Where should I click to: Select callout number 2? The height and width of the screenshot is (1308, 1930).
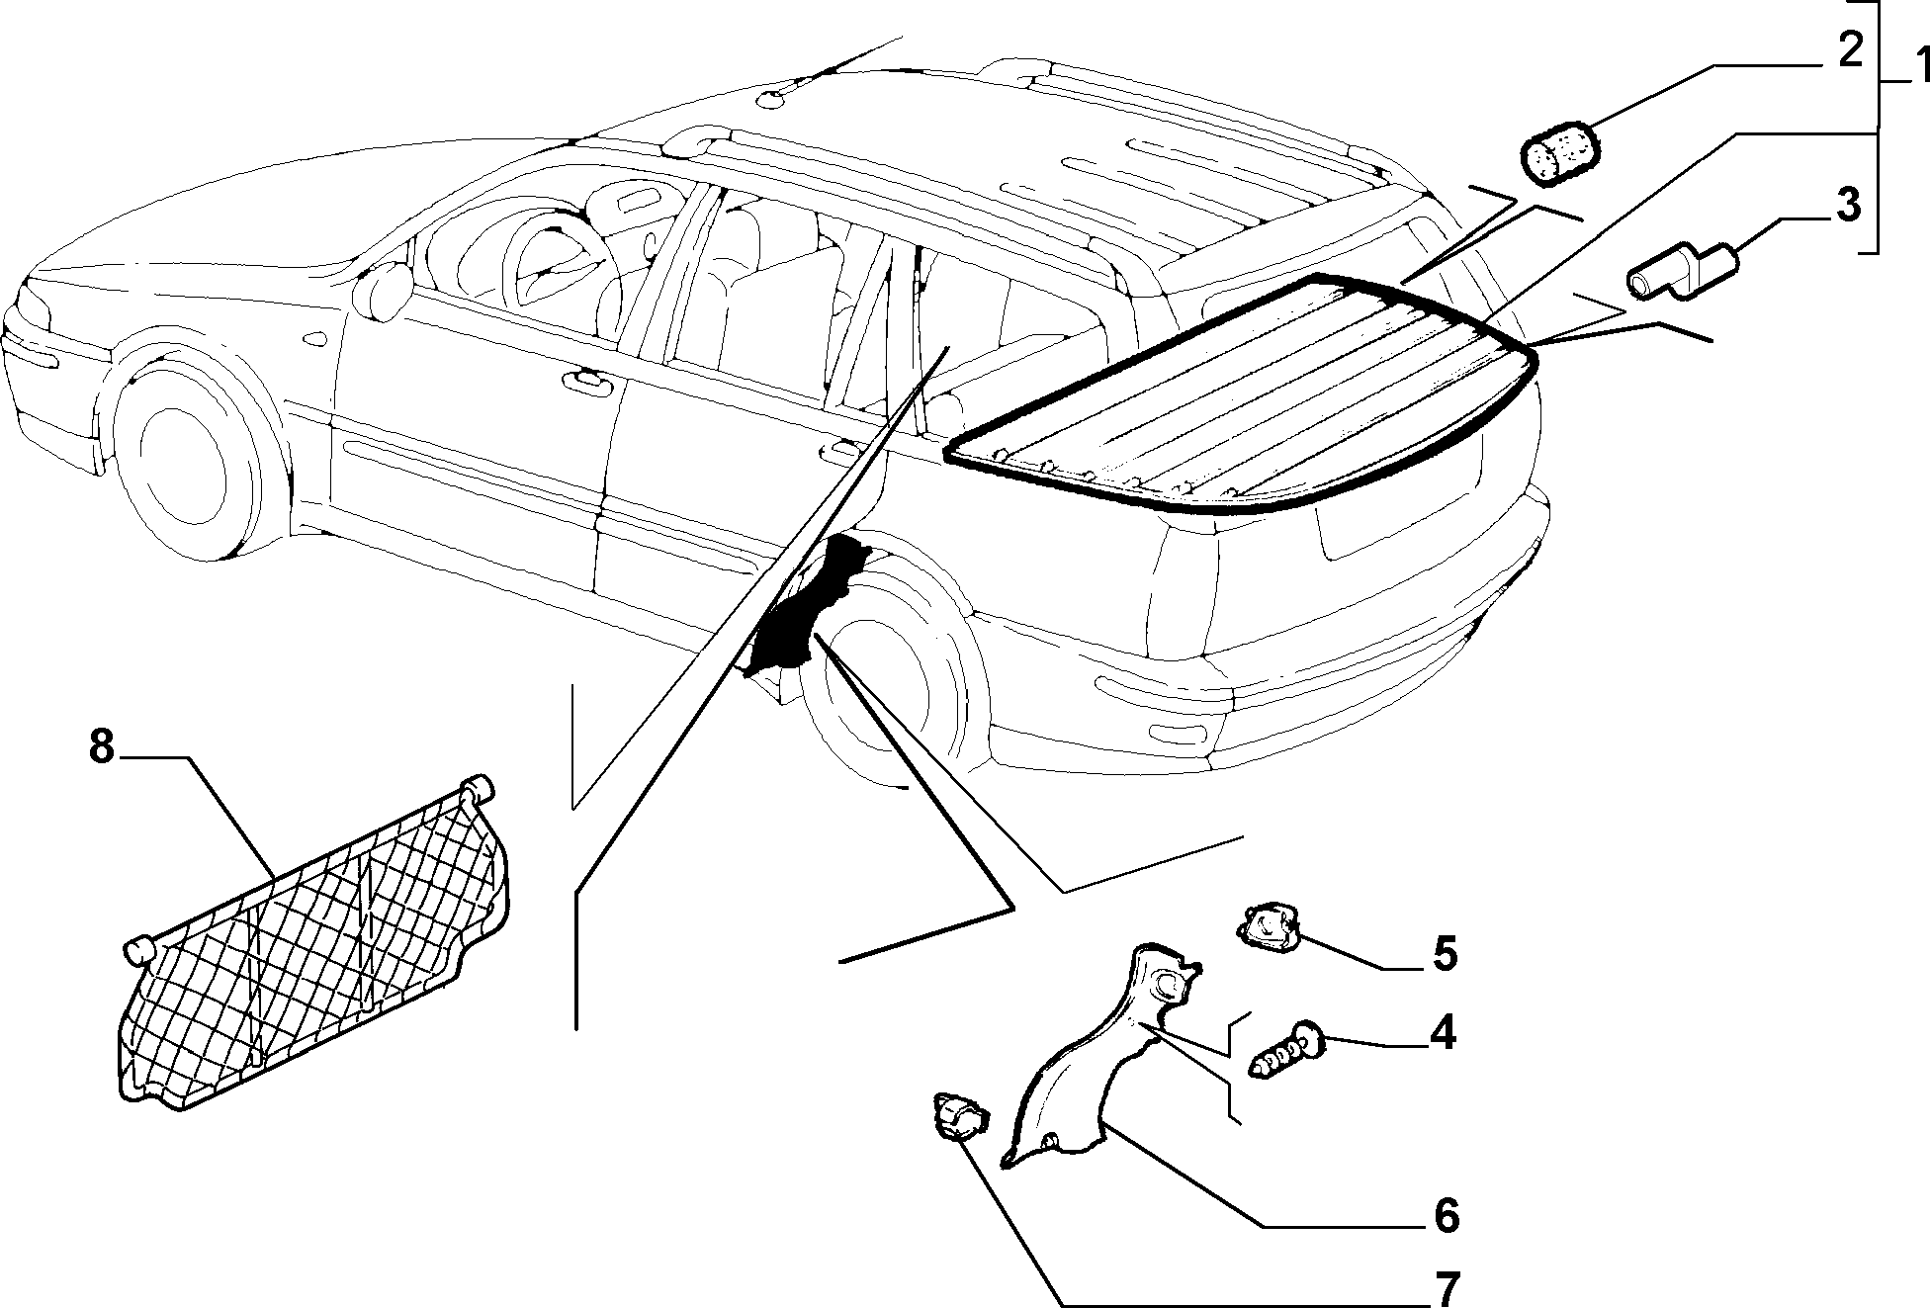1847,50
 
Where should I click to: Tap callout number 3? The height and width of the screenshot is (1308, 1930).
1847,205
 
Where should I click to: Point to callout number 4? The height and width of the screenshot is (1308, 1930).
1443,1033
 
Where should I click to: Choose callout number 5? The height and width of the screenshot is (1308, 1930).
1445,954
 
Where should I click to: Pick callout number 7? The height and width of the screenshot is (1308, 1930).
1446,1288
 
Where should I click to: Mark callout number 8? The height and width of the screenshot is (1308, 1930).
102,747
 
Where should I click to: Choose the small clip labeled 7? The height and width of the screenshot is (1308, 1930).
959,1116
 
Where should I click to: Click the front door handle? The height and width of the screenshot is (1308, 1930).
587,377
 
